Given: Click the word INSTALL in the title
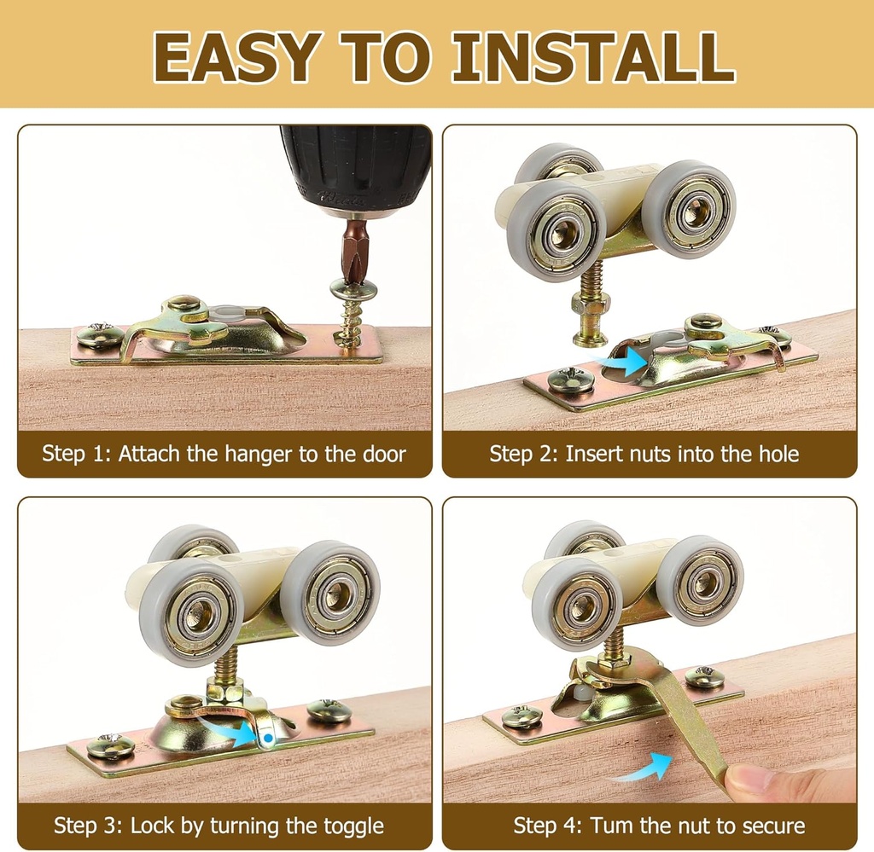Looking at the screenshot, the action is (594, 57).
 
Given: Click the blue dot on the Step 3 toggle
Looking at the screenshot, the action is (269, 739).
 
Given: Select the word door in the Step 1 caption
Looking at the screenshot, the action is (383, 454).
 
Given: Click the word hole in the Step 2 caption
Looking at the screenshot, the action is (778, 454).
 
